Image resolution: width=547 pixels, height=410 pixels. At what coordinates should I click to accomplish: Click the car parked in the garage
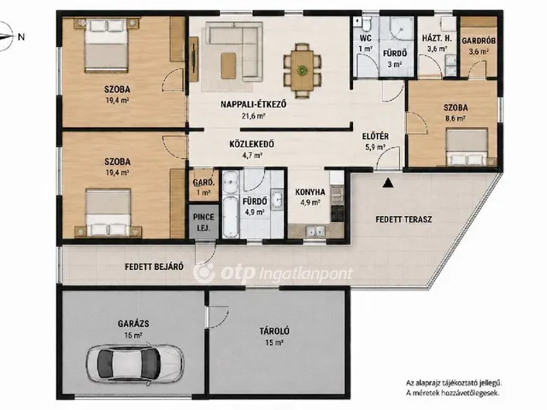pos(135,364)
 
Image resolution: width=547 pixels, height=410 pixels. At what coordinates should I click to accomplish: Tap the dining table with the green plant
pos(302,70)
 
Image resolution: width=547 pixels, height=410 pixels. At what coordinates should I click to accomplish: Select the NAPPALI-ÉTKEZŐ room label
pos(254,104)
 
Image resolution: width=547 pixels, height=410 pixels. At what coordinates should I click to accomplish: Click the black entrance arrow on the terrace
pos(387,183)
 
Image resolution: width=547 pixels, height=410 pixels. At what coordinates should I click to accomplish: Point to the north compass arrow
pos(7,36)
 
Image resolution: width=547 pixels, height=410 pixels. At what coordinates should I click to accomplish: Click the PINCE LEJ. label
pos(203,222)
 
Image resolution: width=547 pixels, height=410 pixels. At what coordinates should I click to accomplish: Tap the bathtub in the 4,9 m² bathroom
pos(231,217)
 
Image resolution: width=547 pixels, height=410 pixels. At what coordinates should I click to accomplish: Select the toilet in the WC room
pos(367,24)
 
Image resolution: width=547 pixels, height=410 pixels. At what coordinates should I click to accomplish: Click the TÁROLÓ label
pos(274,331)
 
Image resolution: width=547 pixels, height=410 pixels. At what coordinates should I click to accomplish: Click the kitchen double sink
pos(316,231)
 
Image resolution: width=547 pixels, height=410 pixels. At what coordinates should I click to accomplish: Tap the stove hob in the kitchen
pos(337,214)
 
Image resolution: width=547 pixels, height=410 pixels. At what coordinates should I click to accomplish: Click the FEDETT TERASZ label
pos(403,220)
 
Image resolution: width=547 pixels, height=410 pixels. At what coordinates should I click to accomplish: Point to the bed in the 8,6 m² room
pos(467,147)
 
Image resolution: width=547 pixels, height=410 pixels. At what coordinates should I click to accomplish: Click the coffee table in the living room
pos(228,65)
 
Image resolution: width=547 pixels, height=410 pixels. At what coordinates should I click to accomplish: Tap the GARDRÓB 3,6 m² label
pos(479,45)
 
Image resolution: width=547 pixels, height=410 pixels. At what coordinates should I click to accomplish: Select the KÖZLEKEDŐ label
pos(251,143)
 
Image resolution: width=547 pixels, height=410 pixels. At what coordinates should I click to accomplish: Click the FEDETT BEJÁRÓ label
pos(154,266)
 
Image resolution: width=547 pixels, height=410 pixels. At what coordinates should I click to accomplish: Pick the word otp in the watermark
pos(238,273)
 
